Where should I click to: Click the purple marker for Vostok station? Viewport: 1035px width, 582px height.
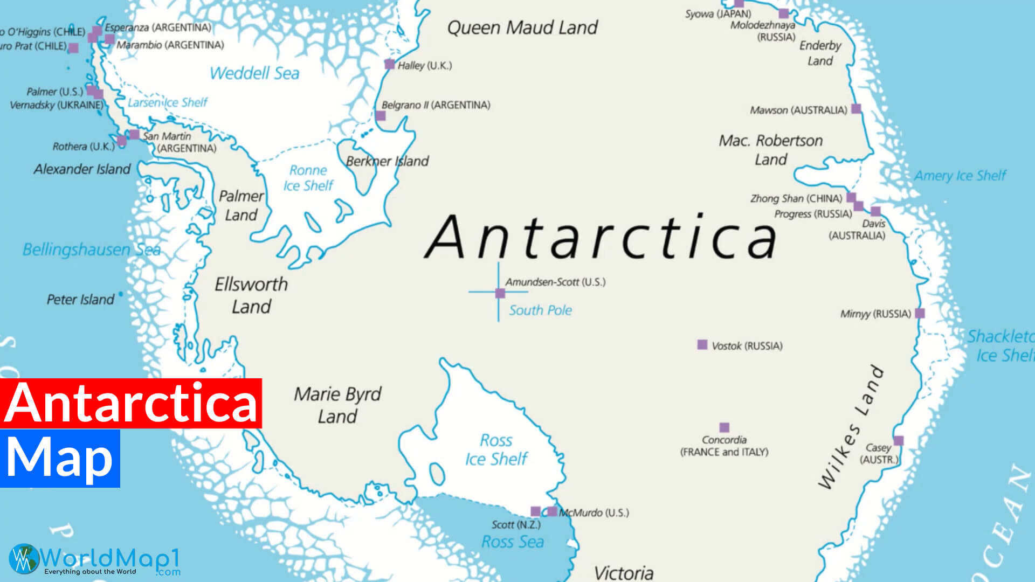702,344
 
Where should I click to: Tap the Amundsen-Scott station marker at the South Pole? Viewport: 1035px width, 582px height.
500,293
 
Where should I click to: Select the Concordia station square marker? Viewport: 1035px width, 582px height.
724,427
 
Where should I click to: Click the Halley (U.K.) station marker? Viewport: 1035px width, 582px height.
389,64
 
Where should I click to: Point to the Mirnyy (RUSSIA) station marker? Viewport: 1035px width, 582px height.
920,313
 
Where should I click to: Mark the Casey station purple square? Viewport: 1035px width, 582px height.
898,441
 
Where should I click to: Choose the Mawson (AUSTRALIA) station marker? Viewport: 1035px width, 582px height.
855,108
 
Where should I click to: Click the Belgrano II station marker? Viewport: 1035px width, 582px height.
381,116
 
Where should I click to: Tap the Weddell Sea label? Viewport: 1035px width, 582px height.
254,73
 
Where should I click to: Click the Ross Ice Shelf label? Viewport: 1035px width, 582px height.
496,449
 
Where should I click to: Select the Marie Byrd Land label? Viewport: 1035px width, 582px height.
337,405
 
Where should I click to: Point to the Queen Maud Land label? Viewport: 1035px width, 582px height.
522,27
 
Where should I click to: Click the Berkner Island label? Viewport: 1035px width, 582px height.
387,161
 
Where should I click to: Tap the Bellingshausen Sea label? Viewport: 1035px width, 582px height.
91,250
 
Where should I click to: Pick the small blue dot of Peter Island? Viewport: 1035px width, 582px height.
121,294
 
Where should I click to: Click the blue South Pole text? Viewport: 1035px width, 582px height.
540,310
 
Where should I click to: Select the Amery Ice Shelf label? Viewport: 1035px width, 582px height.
960,176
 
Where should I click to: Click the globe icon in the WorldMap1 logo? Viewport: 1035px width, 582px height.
24,559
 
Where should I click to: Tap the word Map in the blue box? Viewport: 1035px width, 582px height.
59,458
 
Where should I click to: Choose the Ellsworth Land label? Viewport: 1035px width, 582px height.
251,295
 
